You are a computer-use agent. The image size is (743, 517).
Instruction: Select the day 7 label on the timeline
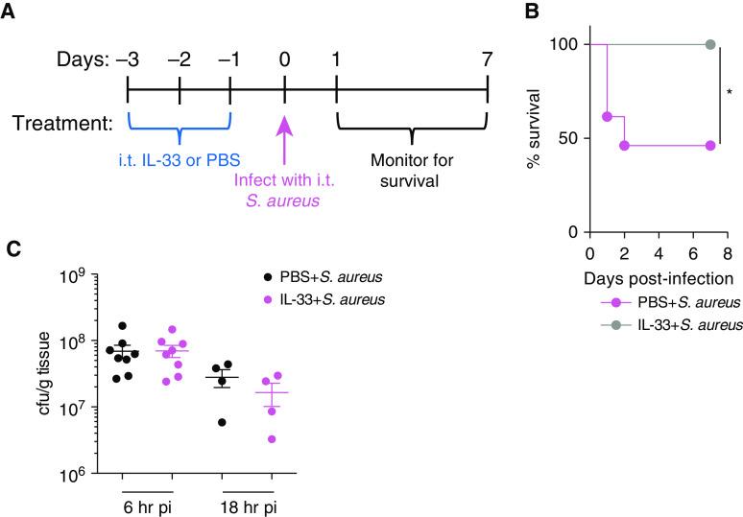point(488,61)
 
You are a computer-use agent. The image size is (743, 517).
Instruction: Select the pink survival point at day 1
point(607,117)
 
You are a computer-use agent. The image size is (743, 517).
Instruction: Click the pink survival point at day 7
point(710,145)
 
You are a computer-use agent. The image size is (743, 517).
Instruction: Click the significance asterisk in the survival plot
point(730,94)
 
